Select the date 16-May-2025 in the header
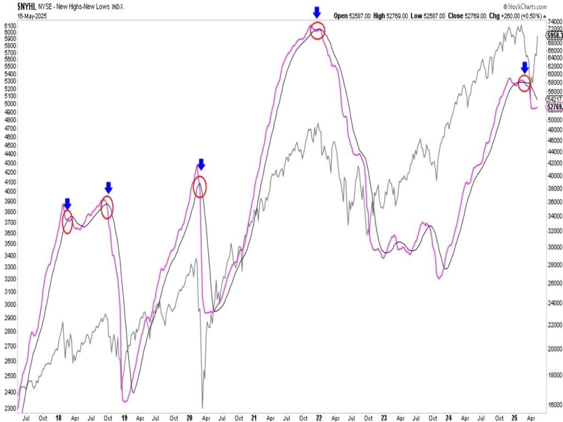tap(18, 16)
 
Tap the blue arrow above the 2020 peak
tap(201, 164)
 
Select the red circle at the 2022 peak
tap(318, 31)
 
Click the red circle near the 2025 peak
tap(525, 84)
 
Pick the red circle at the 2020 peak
tap(200, 187)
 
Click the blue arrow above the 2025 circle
tap(525, 67)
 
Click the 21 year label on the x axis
tap(255, 418)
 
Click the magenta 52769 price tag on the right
tap(554, 108)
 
